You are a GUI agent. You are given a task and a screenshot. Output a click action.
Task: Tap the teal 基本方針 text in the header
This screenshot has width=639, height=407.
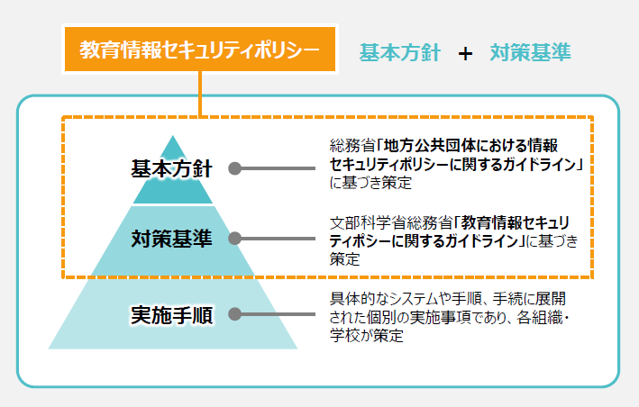[399, 52]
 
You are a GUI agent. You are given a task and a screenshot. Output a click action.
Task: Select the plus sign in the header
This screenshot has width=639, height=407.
[465, 53]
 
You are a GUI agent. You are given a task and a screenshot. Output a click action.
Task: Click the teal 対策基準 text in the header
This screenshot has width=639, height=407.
[530, 52]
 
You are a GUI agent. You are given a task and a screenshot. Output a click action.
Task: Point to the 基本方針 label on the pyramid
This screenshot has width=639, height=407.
[171, 168]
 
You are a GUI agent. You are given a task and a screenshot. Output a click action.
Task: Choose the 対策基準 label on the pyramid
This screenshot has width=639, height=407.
[171, 239]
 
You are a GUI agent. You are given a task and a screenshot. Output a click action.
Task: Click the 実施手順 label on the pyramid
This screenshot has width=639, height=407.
[171, 314]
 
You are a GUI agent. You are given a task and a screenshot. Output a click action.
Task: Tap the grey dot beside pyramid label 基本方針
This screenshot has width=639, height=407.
[234, 168]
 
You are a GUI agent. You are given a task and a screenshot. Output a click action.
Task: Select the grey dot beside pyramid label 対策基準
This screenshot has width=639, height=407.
[234, 240]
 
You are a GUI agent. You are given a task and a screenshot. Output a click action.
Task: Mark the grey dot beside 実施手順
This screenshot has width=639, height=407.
[234, 314]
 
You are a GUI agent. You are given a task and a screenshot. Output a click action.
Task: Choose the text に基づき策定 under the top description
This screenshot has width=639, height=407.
[370, 183]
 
